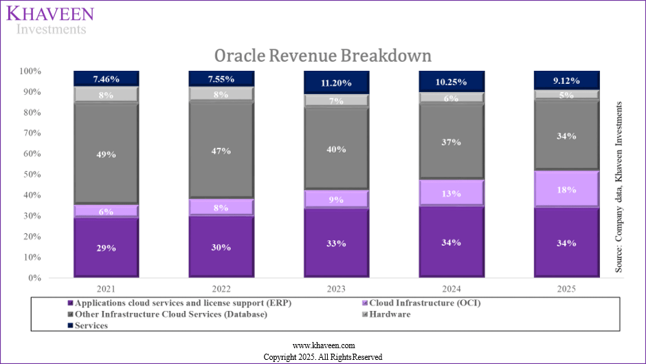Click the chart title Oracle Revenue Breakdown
[x=322, y=55]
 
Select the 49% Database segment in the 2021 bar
[x=107, y=153]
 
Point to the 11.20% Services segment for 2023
[x=337, y=83]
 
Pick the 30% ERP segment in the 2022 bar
[x=221, y=246]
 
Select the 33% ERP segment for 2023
[x=337, y=243]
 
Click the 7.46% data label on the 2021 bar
[x=107, y=78]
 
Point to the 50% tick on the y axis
[x=31, y=175]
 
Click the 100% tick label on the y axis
[x=30, y=72]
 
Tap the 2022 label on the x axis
[x=221, y=288]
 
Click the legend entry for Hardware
[x=389, y=314]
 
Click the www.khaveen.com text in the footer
[x=323, y=345]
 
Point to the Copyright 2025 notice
[x=323, y=356]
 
